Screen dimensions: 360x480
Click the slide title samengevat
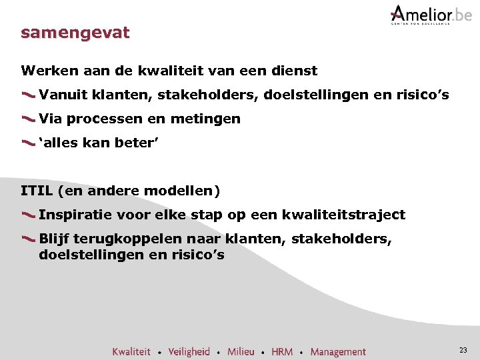click(x=75, y=33)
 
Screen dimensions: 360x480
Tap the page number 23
click(x=463, y=350)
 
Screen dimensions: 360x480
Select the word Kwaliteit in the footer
click(x=131, y=351)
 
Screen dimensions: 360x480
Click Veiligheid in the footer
click(x=189, y=351)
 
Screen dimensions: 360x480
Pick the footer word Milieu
click(x=241, y=351)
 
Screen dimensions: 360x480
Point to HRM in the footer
click(x=282, y=351)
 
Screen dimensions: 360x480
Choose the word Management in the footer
click(x=338, y=351)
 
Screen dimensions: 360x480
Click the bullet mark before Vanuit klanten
click(x=28, y=96)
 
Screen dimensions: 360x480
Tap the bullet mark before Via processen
click(x=28, y=120)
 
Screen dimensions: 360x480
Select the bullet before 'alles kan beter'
click(x=28, y=143)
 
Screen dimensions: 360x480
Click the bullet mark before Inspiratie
click(x=28, y=215)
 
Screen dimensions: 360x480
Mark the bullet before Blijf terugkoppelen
click(x=28, y=239)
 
